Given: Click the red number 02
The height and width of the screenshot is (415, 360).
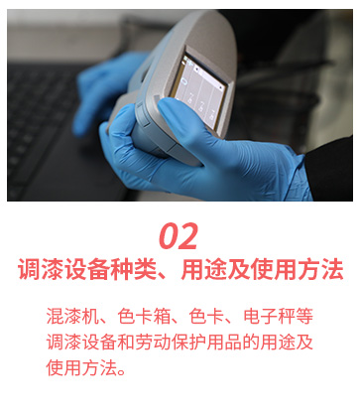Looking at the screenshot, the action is coord(179,236).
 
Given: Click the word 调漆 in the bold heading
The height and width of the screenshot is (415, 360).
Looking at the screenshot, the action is coord(41,270).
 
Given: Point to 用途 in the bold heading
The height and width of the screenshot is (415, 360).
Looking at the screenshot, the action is coord(203,270).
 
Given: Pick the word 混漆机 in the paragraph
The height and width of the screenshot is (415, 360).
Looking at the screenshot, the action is coord(72,317).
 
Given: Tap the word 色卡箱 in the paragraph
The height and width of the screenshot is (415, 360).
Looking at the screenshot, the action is coord(144,317).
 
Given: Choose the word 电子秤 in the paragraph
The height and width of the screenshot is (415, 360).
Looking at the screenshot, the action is coord(269,317).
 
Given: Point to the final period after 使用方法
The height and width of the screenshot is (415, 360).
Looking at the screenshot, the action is coord(122,371).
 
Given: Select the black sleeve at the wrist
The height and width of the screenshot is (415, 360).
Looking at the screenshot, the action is coord(329,169).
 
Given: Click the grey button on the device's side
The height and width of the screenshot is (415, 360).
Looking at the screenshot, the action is coord(141,109).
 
